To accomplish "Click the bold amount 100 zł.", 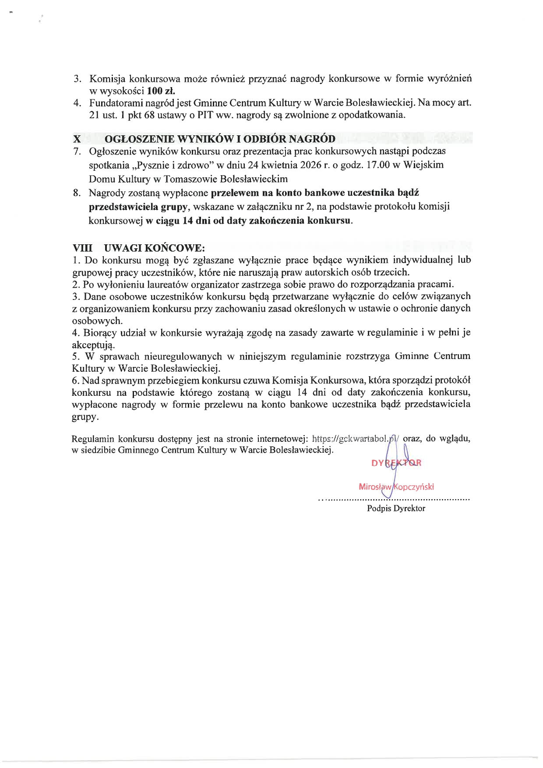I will click(x=161, y=91).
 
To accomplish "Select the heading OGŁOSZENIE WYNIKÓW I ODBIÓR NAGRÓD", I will click(x=220, y=139).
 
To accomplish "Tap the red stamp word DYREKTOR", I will click(x=396, y=463).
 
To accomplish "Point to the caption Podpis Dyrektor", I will click(x=396, y=508).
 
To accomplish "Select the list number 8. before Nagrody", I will click(x=77, y=193).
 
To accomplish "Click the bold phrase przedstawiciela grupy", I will click(x=138, y=207).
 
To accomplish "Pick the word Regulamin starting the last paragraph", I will click(x=93, y=439).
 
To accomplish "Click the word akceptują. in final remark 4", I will click(x=93, y=345).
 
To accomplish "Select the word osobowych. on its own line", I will click(x=97, y=321).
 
